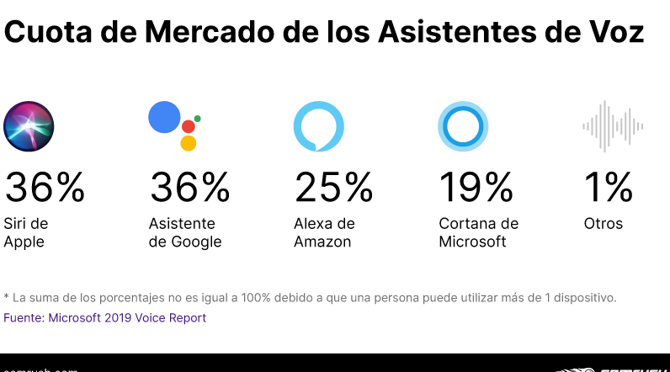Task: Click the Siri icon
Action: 29,126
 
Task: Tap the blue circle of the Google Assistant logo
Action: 165,116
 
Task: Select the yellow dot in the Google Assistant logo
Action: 189,143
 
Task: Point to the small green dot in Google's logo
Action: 197,119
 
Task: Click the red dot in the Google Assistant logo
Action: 189,126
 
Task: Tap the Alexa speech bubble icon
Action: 318,126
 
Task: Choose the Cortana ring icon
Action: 463,126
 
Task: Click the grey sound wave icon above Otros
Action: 613,126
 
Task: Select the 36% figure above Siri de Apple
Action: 45,187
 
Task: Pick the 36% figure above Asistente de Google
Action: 189,187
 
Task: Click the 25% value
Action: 333,187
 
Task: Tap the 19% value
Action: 476,187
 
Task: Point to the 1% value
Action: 608,187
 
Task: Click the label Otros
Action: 604,224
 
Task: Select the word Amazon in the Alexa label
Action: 322,242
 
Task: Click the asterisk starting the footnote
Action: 7,296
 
